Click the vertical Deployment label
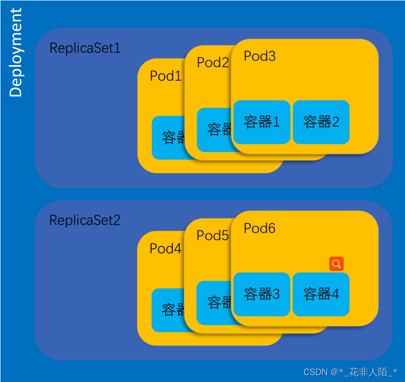[15, 53]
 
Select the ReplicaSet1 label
[85, 48]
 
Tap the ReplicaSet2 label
[85, 220]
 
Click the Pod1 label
[165, 76]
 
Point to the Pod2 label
[212, 62]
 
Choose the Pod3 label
[260, 56]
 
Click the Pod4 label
[165, 248]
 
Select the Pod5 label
[212, 235]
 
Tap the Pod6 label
[260, 228]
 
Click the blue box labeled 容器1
[262, 122]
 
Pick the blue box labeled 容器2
[321, 122]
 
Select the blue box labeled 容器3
[262, 294]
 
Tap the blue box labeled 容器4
[321, 294]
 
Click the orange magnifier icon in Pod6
[336, 264]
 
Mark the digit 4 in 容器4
[335, 294]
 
